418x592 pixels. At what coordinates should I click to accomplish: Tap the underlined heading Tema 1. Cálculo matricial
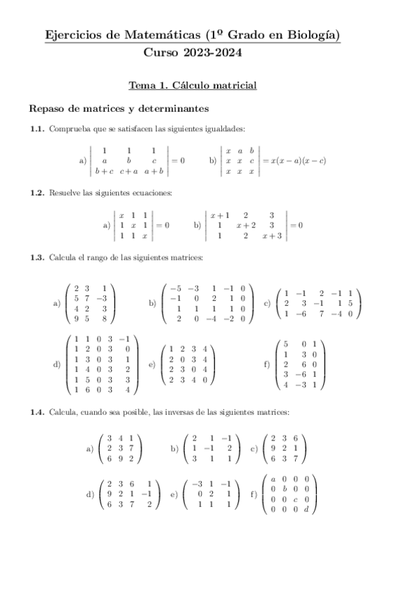coord(193,86)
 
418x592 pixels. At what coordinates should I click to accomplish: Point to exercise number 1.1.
coord(37,128)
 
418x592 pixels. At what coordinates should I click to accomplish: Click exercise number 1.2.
coord(37,192)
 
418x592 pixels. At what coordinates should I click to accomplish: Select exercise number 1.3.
coord(37,258)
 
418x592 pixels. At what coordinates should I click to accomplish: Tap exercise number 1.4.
coord(37,413)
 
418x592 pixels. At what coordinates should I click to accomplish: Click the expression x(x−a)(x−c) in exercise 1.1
coord(297,161)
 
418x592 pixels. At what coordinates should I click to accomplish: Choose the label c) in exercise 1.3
coord(267,304)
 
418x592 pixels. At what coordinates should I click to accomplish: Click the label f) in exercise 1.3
coord(267,364)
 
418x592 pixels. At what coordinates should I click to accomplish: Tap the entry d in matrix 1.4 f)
coord(315,509)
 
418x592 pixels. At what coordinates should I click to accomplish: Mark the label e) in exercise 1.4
coord(174,494)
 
